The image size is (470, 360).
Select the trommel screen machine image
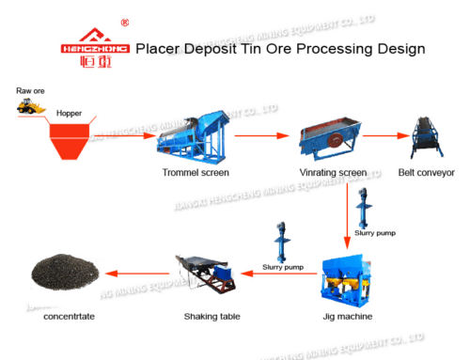pyautogui.click(x=196, y=137)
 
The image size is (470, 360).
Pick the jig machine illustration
pyautogui.click(x=350, y=278)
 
